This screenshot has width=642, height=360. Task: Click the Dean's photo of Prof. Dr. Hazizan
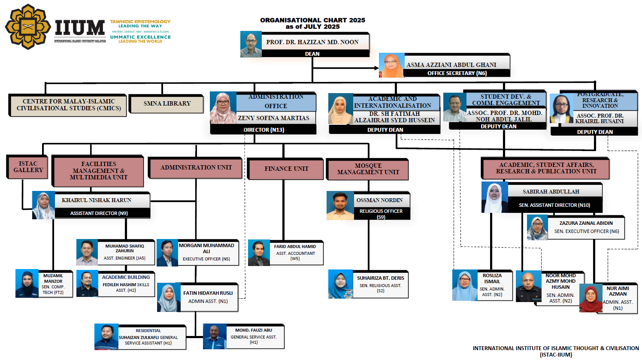click(251, 44)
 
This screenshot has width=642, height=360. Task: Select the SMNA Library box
click(167, 104)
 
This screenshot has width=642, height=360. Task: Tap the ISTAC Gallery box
click(28, 167)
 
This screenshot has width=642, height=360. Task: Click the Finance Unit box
click(286, 169)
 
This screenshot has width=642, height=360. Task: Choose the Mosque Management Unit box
click(368, 169)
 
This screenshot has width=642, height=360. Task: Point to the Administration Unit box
click(196, 168)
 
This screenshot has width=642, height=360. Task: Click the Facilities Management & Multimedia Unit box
click(99, 171)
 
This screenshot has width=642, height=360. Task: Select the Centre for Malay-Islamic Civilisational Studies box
click(68, 105)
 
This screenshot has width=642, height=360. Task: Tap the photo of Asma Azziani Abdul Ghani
click(392, 66)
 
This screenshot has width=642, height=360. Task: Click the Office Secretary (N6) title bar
click(457, 73)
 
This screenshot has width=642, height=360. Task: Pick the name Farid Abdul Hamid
click(295, 247)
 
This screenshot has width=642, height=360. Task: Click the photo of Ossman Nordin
click(340, 206)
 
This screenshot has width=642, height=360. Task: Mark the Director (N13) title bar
click(263, 130)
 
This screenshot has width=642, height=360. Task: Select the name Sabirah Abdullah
click(551, 192)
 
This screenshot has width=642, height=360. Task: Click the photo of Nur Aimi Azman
click(591, 299)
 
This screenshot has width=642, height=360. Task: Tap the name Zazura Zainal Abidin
click(586, 223)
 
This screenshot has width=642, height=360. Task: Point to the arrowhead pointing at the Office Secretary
click(376, 68)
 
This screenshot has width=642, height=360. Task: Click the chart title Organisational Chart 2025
click(312, 20)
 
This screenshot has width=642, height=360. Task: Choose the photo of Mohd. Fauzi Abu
click(215, 337)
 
